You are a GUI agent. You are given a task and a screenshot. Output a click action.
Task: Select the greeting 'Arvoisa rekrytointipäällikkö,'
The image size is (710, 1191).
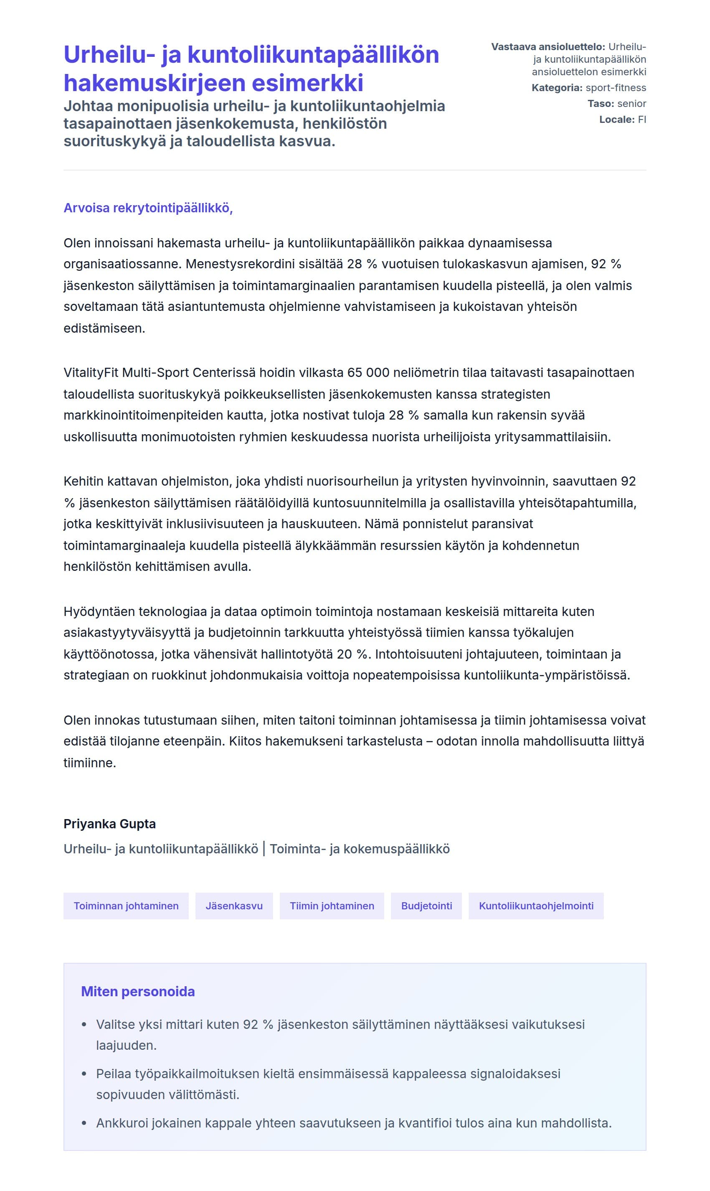click(x=148, y=208)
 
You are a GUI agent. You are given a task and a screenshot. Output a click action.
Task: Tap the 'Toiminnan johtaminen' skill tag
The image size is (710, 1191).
click(x=126, y=906)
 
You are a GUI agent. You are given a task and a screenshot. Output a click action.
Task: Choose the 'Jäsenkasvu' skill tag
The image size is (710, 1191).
click(x=234, y=906)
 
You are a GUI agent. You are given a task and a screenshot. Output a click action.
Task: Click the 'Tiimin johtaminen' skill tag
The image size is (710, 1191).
click(x=332, y=906)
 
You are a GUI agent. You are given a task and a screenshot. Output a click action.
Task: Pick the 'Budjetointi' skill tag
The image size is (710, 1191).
click(x=426, y=906)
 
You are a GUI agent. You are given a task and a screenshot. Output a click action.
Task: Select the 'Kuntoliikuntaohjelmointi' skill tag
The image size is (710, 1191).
click(x=536, y=906)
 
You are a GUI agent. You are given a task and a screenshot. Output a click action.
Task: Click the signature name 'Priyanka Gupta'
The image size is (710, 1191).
click(x=109, y=824)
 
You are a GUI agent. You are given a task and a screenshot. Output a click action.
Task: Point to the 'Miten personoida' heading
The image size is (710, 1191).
click(x=138, y=991)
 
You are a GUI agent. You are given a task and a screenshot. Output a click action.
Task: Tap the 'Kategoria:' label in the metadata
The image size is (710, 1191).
click(x=557, y=88)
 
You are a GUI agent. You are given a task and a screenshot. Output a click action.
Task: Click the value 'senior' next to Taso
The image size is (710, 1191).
click(x=631, y=103)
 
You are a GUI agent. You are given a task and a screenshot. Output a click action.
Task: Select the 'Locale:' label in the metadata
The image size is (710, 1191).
click(x=617, y=119)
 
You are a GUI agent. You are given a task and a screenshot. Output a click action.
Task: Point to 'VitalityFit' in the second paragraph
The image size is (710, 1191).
click(x=91, y=372)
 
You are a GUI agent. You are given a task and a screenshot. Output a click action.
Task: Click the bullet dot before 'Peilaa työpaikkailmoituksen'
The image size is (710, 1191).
click(x=84, y=1074)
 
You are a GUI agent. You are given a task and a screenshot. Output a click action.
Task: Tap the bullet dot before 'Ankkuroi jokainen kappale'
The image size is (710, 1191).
click(x=84, y=1123)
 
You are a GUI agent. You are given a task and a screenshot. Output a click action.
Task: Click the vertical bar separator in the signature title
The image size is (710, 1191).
click(x=264, y=849)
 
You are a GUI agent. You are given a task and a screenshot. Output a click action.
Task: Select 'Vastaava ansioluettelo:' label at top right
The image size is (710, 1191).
click(x=548, y=47)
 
